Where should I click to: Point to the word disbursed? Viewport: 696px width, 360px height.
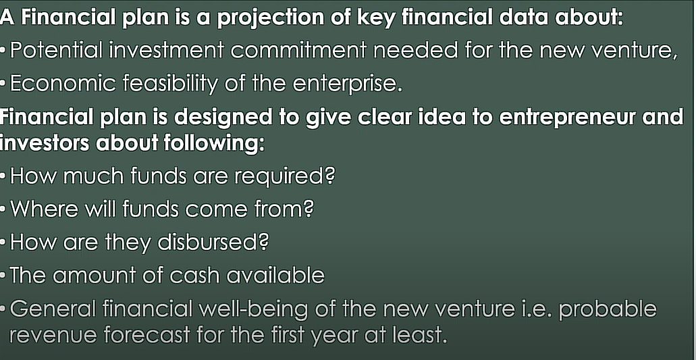tap(215, 242)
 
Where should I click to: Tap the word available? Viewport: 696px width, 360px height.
tap(275, 276)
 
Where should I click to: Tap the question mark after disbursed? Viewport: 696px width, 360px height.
tap(265, 242)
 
